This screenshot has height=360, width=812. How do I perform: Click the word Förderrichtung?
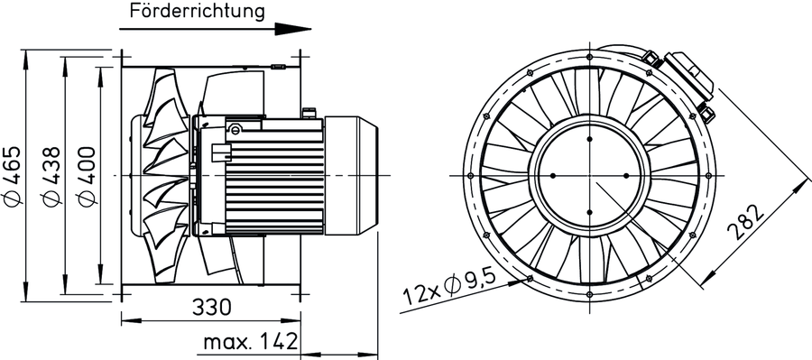pos(197,11)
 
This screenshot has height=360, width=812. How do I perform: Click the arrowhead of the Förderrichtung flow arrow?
pos(292,29)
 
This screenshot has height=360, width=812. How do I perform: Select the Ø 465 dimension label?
pos(14,176)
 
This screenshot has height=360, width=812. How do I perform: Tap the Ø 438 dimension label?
pos(51,176)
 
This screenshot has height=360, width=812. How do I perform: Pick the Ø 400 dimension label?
pos(86,176)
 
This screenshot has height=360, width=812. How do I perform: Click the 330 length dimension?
pos(211,308)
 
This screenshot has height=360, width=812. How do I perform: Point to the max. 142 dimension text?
pos(251,342)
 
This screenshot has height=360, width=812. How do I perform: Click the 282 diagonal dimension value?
pos(746,222)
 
